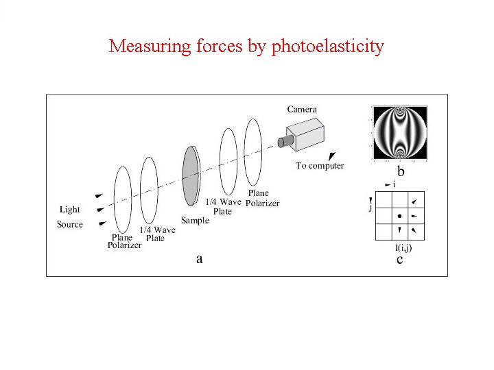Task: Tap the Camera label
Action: [x=302, y=109]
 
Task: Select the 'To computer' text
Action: [x=320, y=165]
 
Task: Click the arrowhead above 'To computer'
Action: [x=334, y=156]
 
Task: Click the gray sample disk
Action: [x=190, y=176]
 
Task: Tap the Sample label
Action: [x=194, y=221]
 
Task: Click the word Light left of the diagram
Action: [x=70, y=210]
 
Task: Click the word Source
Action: [x=70, y=225]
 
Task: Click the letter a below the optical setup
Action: [x=199, y=258]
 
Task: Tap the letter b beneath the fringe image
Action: [x=401, y=171]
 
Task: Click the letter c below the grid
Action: [x=399, y=260]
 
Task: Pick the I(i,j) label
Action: [x=403, y=247]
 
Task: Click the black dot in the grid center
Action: [x=400, y=216]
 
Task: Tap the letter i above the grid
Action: [x=395, y=184]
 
